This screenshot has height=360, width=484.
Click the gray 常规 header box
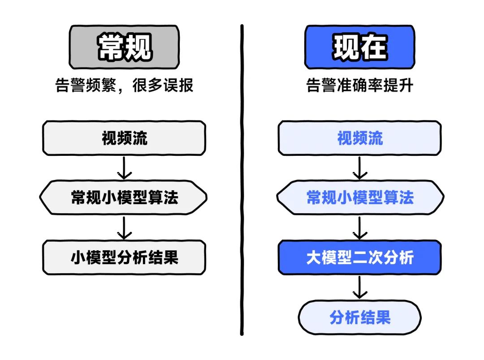tap(124, 47)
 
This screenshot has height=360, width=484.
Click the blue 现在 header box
tap(359, 47)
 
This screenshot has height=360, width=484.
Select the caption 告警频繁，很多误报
tap(124, 85)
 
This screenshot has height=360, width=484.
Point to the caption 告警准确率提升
tap(359, 85)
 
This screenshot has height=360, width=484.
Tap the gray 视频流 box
tap(124, 138)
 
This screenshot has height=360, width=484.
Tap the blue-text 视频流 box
tap(359, 138)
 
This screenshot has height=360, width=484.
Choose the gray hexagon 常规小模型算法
tap(124, 197)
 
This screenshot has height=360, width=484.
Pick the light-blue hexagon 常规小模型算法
tap(359, 197)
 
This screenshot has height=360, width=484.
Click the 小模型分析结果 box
tap(124, 257)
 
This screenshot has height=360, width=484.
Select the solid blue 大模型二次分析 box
tap(359, 257)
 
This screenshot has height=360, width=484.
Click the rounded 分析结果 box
tap(359, 317)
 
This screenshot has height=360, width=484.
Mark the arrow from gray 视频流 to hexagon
tap(124, 168)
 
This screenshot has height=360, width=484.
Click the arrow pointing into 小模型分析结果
tap(124, 227)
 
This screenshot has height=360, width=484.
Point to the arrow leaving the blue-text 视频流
tap(359, 168)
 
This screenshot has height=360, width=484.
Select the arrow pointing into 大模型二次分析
tap(359, 227)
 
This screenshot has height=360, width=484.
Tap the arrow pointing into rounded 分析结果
tap(359, 287)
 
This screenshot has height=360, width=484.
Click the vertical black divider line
tap(242, 179)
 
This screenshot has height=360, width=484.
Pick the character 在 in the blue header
tap(373, 47)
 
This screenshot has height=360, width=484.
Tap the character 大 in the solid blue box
tap(314, 257)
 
